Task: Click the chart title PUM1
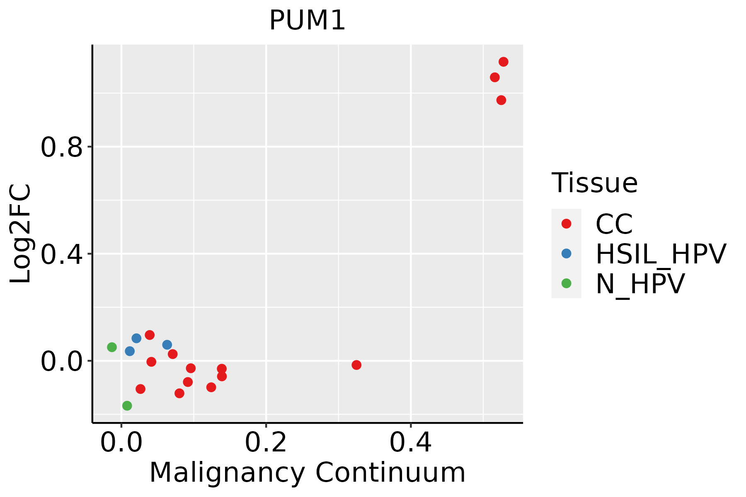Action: [307, 21]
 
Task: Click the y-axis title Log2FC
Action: [21, 234]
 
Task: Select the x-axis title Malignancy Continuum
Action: [307, 473]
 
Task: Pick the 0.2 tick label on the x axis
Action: [266, 443]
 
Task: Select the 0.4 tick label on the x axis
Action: [410, 443]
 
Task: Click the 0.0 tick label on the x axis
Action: [121, 443]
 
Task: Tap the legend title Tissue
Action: [594, 183]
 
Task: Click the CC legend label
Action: [614, 224]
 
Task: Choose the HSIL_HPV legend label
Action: [661, 254]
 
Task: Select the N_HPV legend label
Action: [640, 284]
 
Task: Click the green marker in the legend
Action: [566, 283]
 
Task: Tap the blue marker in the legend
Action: [566, 253]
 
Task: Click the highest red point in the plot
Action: [504, 62]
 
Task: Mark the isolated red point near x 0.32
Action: [356, 365]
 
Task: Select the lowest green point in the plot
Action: [127, 405]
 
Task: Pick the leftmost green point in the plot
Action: [112, 347]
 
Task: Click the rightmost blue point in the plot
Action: [167, 345]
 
